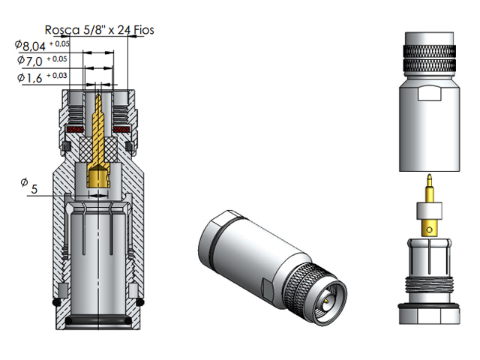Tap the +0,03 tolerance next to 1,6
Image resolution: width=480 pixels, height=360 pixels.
pyautogui.click(x=58, y=75)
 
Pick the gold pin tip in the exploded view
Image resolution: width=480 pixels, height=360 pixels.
pyautogui.click(x=427, y=182)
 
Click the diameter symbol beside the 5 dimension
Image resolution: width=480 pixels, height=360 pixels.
pyautogui.click(x=24, y=182)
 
